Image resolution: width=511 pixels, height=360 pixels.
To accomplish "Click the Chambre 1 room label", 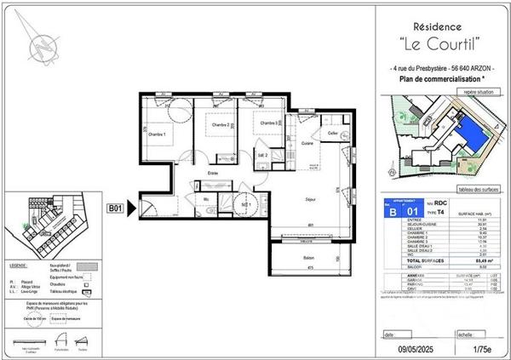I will [x=157, y=134].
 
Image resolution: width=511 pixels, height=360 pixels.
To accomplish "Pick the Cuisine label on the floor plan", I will [x=306, y=144].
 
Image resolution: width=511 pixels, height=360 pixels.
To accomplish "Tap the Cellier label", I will [x=333, y=134].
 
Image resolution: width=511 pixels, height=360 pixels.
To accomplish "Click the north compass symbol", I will [x=40, y=43].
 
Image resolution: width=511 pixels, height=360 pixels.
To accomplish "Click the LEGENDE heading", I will [x=21, y=266].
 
